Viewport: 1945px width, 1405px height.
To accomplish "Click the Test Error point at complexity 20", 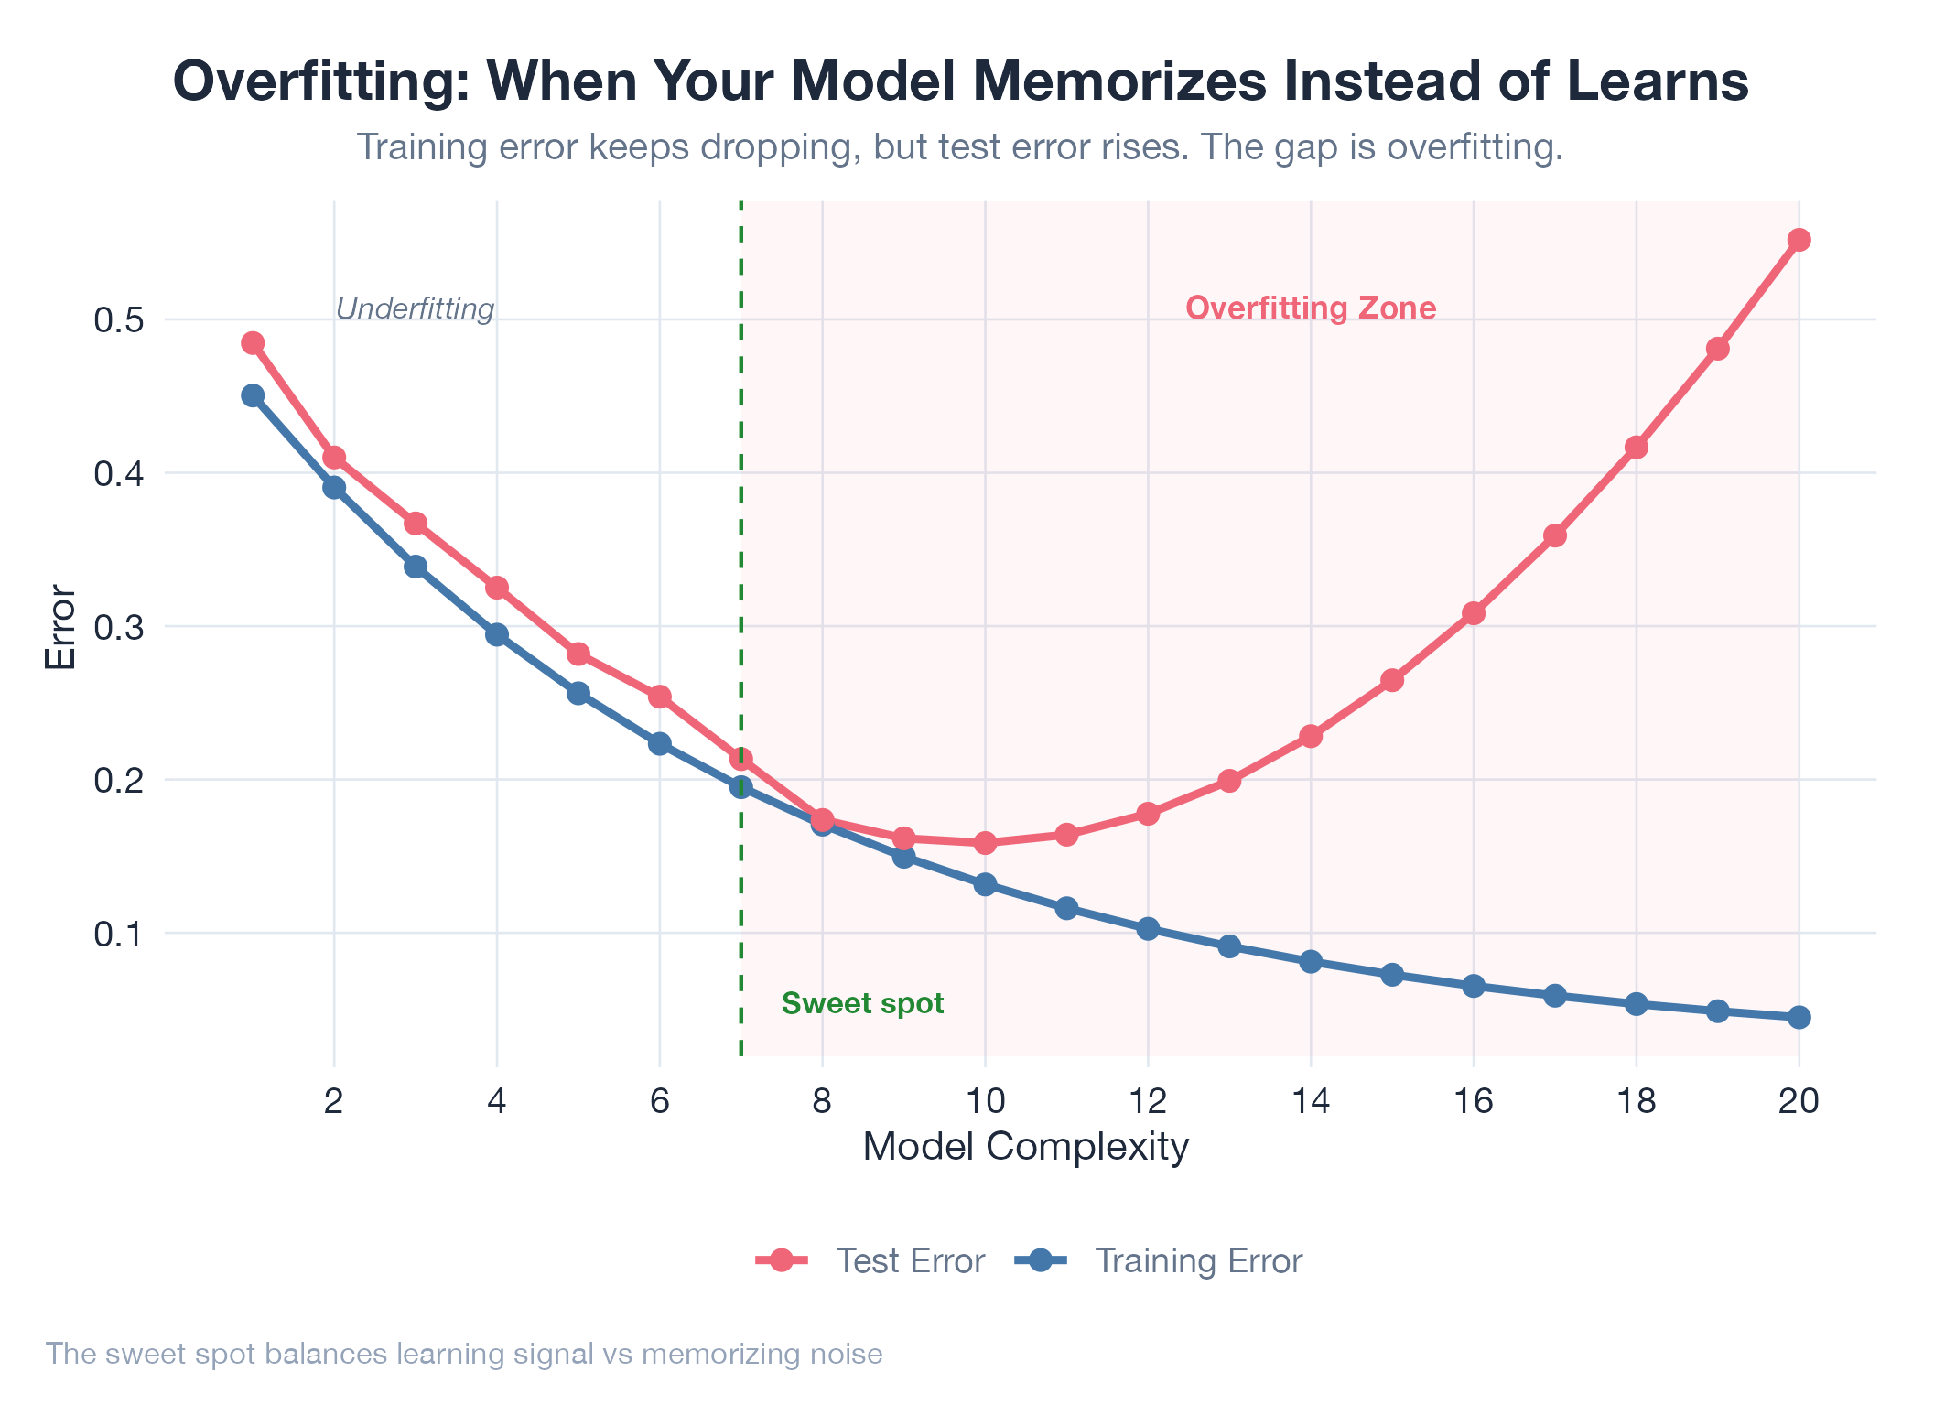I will click(1799, 240).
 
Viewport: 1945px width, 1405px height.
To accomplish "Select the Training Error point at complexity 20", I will click(1799, 1017).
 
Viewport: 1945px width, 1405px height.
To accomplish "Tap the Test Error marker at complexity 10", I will click(985, 842).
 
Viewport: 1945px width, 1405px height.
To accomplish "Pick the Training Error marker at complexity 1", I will click(253, 395).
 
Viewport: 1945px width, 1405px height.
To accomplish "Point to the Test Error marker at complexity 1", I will click(253, 343).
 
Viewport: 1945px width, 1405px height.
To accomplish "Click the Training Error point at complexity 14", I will click(1311, 961).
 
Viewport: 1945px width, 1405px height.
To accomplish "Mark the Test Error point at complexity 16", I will click(1474, 613).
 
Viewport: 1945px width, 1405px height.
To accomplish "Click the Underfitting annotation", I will click(416, 309).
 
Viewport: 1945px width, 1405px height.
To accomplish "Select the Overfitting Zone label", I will click(1311, 308).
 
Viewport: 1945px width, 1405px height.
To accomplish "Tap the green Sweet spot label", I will click(862, 1004).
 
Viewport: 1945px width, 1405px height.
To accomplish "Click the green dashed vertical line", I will click(740, 549).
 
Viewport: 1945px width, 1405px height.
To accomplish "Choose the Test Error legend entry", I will click(870, 1261).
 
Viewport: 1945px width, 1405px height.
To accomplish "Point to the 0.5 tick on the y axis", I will click(118, 320).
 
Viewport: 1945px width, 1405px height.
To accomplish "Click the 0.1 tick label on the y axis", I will click(118, 935).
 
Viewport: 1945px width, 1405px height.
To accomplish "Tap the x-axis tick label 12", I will click(1148, 1101).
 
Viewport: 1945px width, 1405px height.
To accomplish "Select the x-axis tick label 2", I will click(334, 1101).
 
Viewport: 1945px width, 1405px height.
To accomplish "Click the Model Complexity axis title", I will click(1025, 1147).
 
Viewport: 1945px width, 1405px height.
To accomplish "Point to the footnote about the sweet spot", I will click(464, 1354).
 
